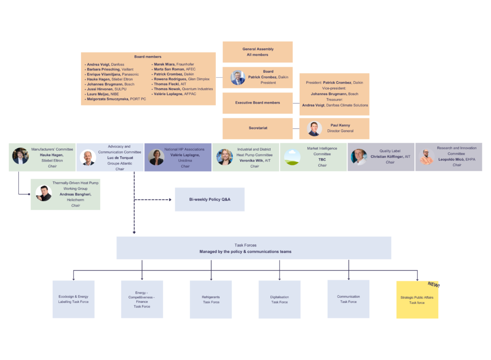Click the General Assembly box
pos(257,52)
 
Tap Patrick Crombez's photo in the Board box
pos(237,78)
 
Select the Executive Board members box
pos(257,103)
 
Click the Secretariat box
pos(257,128)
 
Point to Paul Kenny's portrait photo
pos(314,128)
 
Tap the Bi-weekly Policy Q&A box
pos(210,199)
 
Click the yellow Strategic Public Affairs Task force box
pos(417,300)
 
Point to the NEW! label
pos(433,285)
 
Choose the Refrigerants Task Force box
pos(211,300)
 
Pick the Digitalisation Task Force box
pos(280,300)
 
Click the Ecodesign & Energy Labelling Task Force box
pos(73,299)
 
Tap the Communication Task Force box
pos(348,299)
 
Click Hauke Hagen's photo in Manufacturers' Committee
pos(20,156)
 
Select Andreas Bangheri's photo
pos(44,193)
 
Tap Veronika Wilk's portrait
pos(224,157)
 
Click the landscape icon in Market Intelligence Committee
pos(292,157)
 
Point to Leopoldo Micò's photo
pos(427,157)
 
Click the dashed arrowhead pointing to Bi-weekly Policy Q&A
pos(170,199)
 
